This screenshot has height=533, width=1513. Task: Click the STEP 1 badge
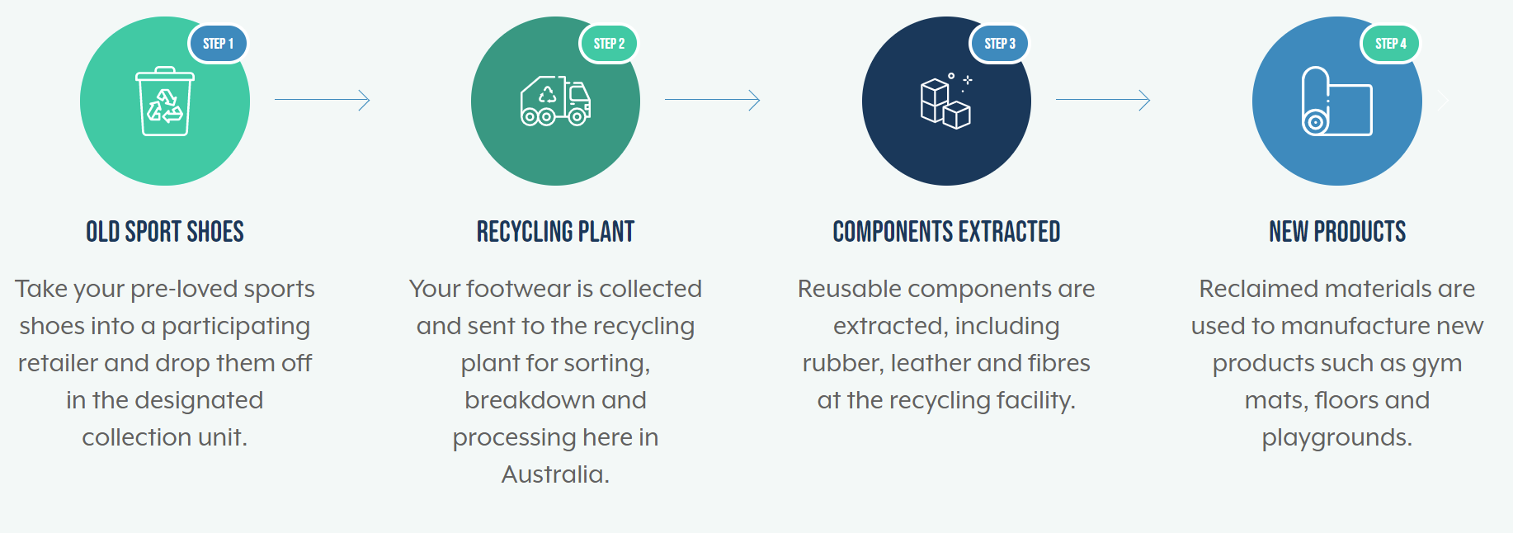coord(218,44)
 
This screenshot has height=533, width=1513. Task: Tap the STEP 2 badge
coord(609,44)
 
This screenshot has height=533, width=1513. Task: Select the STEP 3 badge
coord(1000,44)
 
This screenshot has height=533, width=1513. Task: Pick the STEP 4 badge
coord(1390,44)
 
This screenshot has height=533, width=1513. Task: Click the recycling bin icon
coord(165,101)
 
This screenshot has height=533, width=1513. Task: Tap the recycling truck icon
coord(555,101)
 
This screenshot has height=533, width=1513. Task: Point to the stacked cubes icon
coord(946,101)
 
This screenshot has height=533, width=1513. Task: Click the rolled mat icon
coord(1337,101)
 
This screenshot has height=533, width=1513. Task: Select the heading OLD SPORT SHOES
coord(165,232)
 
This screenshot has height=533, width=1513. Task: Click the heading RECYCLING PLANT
coord(555,232)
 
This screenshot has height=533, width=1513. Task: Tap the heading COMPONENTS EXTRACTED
coord(946,232)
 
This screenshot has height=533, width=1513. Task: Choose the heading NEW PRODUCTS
coord(1337,232)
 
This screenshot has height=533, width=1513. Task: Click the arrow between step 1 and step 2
coord(322,100)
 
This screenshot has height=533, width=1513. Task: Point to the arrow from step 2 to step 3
coord(712,100)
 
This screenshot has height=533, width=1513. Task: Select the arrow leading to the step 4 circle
coord(1103,100)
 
